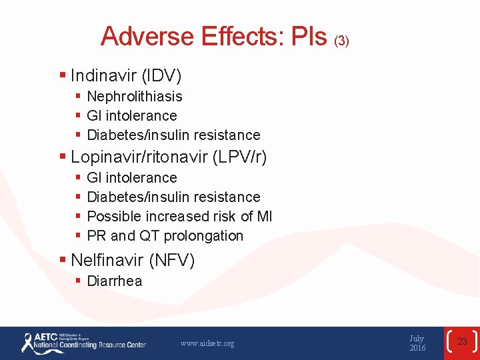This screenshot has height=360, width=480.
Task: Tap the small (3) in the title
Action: tap(341, 41)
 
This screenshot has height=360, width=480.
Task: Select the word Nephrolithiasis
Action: tap(135, 97)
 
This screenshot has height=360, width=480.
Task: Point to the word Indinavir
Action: tap(101, 74)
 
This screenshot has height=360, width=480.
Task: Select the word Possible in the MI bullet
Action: tap(111, 217)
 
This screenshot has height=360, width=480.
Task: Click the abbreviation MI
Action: tap(264, 217)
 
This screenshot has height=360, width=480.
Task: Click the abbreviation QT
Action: tap(149, 236)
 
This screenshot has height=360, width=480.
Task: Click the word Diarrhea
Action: tap(115, 281)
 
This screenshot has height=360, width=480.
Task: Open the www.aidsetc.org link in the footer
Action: tap(207, 343)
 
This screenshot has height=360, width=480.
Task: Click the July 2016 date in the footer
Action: tap(417, 343)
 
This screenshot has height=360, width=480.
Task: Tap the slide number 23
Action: tap(462, 342)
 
